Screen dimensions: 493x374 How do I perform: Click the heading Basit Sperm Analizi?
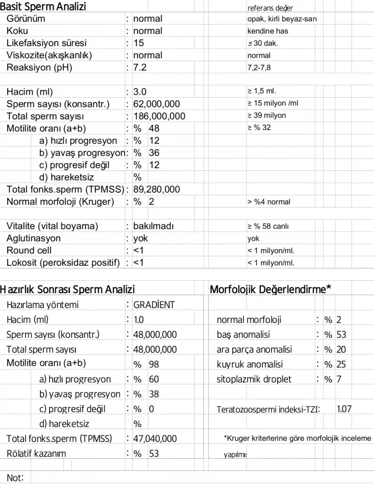(43, 7)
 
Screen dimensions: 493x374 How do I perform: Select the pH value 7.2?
(140, 67)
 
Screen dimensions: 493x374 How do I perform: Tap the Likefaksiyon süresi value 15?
(139, 43)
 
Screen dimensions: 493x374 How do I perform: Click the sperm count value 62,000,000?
(156, 104)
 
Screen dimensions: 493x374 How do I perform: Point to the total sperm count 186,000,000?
(159, 116)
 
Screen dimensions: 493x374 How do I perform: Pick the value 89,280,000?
(156, 189)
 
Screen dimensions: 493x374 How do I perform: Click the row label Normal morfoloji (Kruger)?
(60, 202)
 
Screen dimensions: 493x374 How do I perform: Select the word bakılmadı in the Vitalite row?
(153, 226)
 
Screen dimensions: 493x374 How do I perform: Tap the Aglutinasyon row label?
(34, 238)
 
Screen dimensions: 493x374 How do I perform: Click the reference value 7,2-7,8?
(259, 67)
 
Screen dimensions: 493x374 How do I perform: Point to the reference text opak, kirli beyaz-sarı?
(282, 19)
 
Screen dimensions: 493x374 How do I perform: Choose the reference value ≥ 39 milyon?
(267, 116)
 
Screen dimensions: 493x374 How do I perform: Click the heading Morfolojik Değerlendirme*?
(271, 289)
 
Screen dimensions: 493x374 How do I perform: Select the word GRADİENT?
(154, 305)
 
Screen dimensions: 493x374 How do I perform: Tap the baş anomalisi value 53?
(341, 335)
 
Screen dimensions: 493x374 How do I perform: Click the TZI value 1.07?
(344, 409)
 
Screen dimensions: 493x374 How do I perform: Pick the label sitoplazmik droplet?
(254, 379)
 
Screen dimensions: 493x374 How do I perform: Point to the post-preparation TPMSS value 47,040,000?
(155, 439)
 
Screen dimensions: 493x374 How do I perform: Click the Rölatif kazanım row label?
(37, 453)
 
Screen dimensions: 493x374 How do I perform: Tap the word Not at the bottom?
(14, 478)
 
